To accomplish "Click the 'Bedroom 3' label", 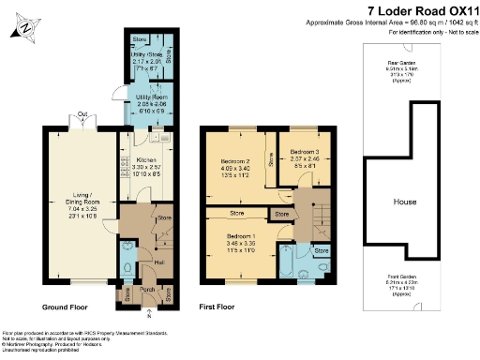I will click(305, 151).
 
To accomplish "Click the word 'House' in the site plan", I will click(405, 202).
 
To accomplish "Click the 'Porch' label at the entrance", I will click(146, 289).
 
